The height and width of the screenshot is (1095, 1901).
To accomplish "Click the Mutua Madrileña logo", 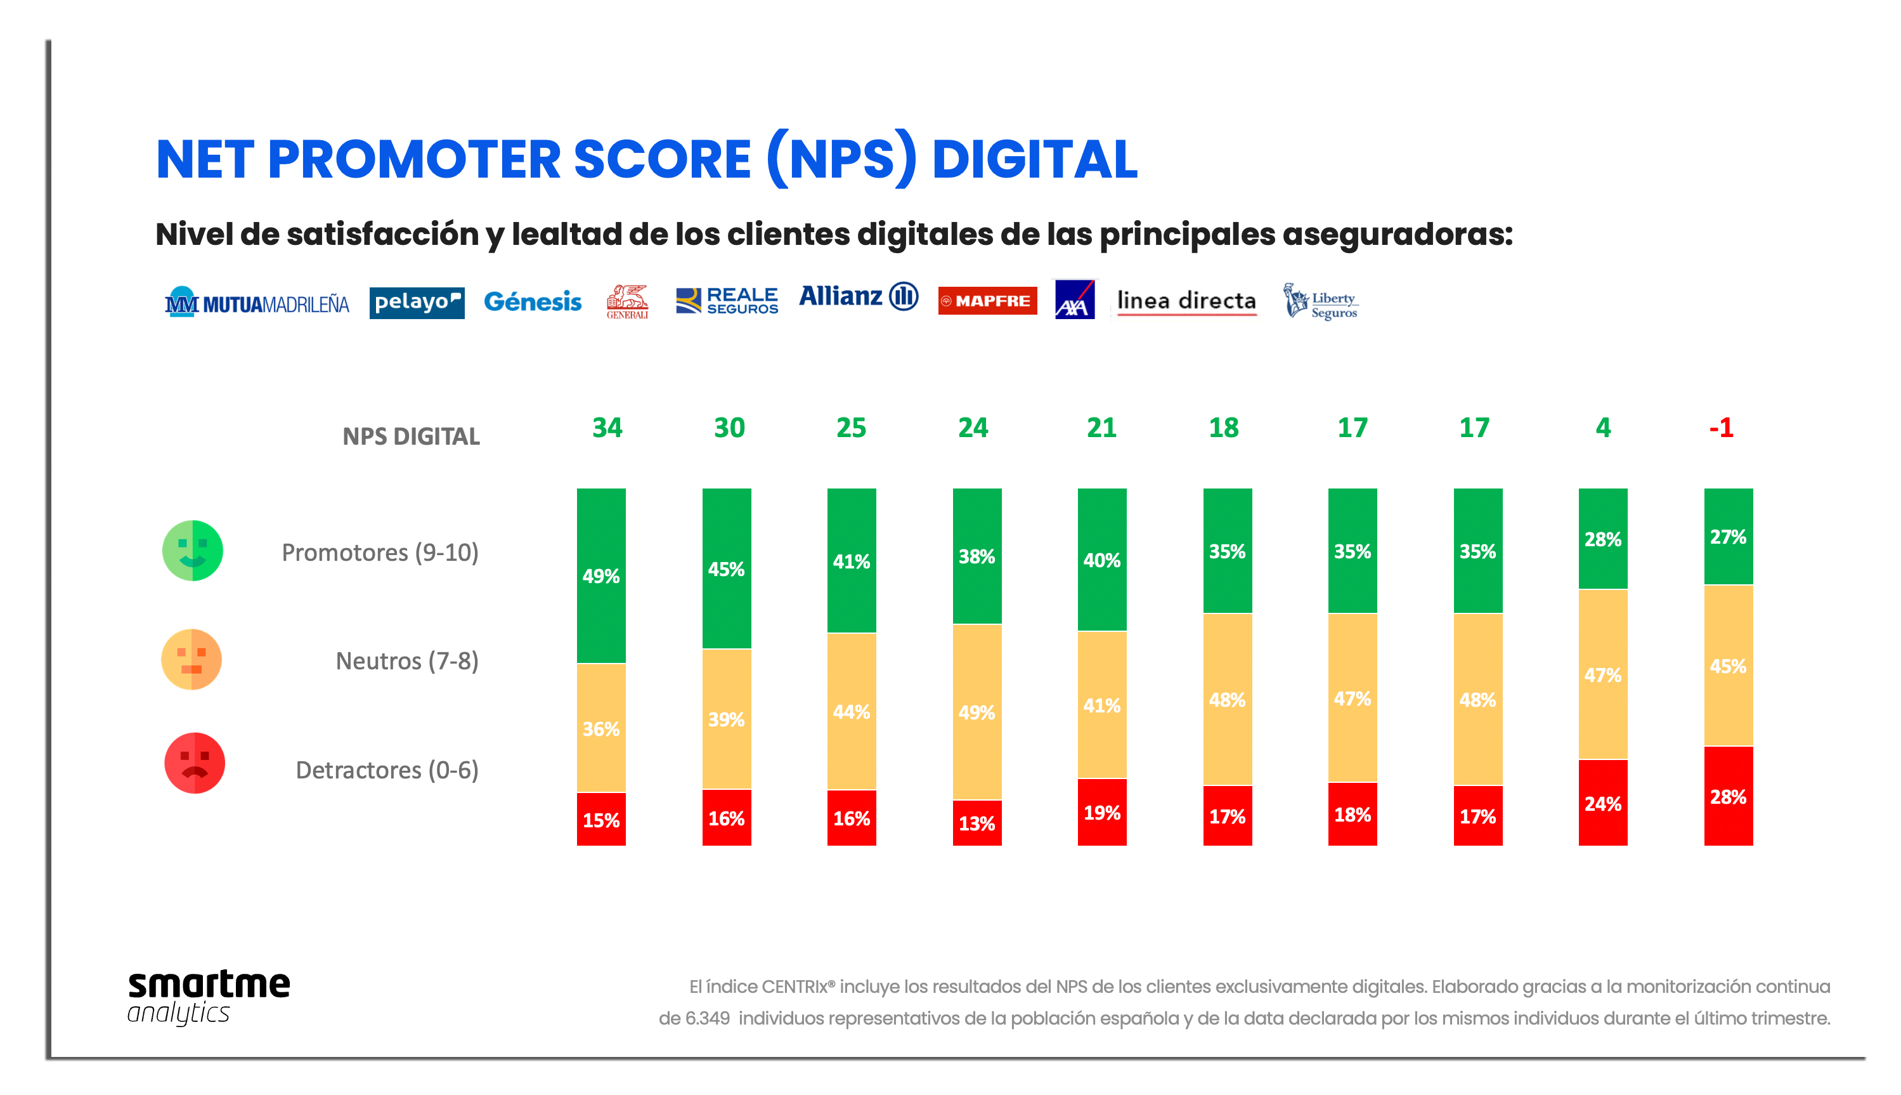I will [257, 303].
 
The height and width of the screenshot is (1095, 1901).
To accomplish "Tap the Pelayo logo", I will [417, 303].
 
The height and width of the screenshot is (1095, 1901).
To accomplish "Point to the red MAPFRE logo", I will [986, 301].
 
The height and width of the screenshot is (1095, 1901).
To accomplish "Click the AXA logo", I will [1074, 300].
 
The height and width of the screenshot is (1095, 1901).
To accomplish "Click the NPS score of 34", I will [607, 428].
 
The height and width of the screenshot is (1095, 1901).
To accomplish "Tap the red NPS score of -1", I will [1720, 428].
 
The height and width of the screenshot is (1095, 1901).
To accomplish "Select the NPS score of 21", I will [1101, 428].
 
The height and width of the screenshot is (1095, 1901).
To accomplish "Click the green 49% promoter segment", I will [600, 575].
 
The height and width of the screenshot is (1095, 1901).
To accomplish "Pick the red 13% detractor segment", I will [976, 823].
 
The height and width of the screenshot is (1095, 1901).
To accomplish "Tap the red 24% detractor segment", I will [1602, 803].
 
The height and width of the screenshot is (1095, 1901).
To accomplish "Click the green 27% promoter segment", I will [1727, 536].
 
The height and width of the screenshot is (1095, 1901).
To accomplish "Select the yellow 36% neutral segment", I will [600, 728].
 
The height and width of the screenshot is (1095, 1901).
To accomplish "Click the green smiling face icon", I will [192, 551].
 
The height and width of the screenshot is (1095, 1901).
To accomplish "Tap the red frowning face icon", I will [194, 763].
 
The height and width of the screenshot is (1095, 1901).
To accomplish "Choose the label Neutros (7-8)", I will [406, 661].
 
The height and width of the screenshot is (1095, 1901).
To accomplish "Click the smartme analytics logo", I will [208, 997].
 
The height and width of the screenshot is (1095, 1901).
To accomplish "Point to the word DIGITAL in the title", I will [1034, 159].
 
